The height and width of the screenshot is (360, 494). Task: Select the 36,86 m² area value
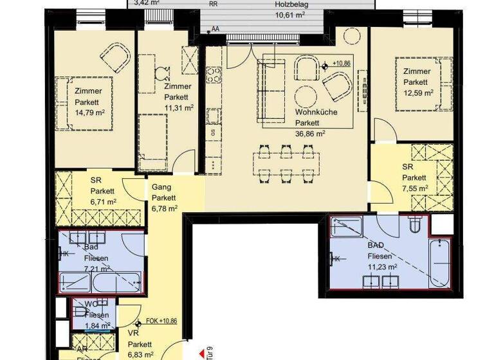[309, 134]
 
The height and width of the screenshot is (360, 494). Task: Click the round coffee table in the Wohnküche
[307, 96]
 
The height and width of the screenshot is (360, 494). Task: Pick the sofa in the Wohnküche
[271, 89]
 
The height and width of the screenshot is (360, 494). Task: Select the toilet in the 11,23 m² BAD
[416, 225]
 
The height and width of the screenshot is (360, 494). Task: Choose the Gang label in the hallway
[160, 186]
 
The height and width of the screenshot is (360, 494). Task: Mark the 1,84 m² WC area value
[97, 326]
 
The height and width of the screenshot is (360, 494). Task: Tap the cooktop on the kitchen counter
[213, 75]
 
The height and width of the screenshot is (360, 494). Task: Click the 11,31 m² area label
[178, 108]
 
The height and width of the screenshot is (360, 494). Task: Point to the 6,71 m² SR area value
[102, 201]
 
